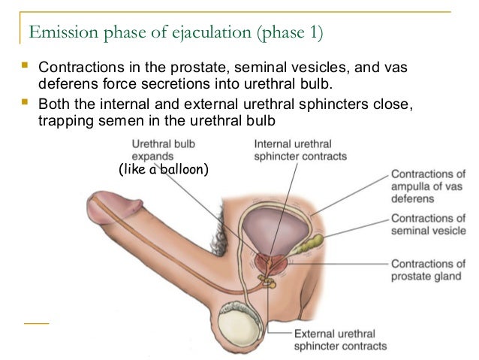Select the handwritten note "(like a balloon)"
click(163, 170)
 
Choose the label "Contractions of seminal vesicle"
click(428, 225)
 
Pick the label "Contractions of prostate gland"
click(428, 270)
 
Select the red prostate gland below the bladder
click(271, 264)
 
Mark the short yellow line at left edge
click(36, 322)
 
